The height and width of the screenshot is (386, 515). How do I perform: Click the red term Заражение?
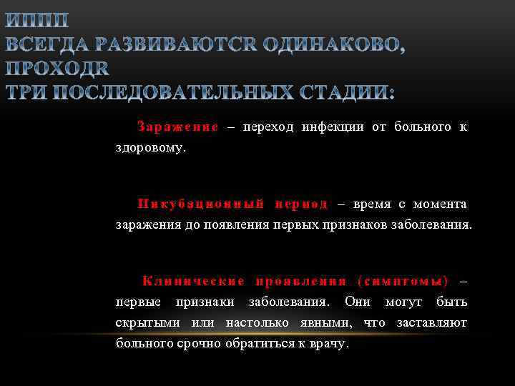[178, 127]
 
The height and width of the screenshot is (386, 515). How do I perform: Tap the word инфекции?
[330, 127]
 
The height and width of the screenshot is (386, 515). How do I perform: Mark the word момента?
[440, 204]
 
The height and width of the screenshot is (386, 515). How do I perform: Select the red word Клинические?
[193, 281]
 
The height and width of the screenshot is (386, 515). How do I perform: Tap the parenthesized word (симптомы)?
[402, 281]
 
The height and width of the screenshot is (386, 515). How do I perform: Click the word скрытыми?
[147, 323]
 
